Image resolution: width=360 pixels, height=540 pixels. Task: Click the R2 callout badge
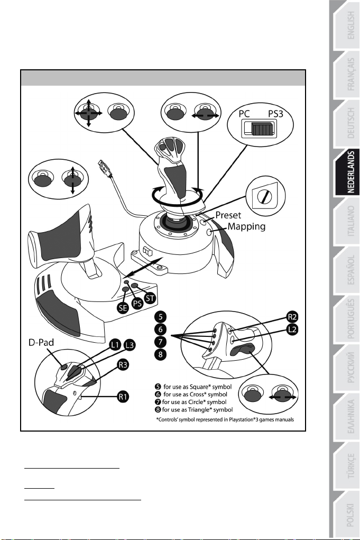[x=292, y=317]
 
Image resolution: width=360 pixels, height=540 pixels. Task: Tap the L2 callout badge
[x=292, y=330]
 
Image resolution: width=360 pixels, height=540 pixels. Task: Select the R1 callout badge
[x=123, y=396]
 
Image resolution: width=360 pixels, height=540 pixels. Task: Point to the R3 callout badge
[x=123, y=365]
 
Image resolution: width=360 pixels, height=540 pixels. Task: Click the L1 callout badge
[x=115, y=344]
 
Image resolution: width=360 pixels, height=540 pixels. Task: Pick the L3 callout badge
[x=130, y=345]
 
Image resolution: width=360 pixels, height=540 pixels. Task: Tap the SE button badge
[x=123, y=307]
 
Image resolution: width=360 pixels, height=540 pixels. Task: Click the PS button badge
[x=137, y=303]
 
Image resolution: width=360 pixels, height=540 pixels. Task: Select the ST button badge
[x=150, y=298]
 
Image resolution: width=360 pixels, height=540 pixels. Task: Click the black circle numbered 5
[x=160, y=317]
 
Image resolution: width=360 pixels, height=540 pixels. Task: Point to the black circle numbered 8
[x=160, y=354]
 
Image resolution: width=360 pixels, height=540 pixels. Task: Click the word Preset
[x=228, y=215]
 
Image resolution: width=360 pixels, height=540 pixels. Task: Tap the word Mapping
[x=247, y=226]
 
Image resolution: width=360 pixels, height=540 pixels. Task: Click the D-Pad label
[x=41, y=342]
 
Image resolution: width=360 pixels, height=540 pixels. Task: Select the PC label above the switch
[x=244, y=114]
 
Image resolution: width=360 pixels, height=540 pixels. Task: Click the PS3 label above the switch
[x=275, y=114]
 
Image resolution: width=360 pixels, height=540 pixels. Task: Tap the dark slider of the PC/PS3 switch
[x=263, y=130]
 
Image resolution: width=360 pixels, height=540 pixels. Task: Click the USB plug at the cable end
[x=104, y=167]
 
